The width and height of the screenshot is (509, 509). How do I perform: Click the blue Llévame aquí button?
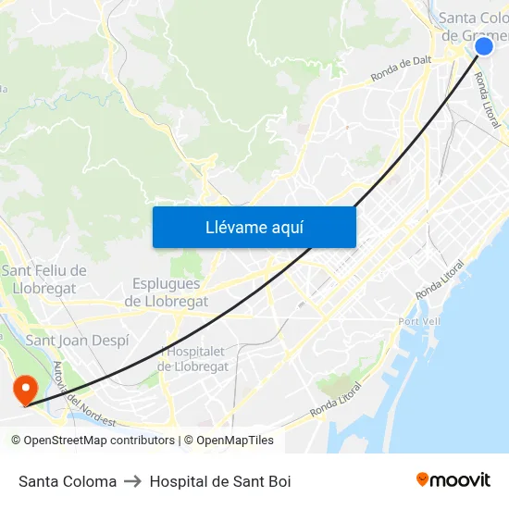[254, 227]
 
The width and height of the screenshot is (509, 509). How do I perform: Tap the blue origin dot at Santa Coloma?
[484, 46]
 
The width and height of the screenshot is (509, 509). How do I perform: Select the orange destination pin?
[25, 389]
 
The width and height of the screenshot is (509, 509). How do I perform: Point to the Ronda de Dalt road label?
[401, 75]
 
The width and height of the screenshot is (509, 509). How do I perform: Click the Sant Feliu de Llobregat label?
[43, 279]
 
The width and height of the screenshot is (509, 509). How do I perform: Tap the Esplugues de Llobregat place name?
[166, 292]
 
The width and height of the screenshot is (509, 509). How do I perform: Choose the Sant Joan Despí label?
[77, 340]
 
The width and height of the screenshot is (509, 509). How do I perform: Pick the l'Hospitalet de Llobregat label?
[193, 358]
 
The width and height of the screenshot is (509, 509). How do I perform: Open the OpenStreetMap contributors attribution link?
[98, 441]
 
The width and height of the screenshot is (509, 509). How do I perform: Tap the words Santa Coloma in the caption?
[68, 481]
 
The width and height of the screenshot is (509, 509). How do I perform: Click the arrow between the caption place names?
[132, 481]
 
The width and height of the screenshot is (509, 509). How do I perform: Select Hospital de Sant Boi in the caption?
[220, 481]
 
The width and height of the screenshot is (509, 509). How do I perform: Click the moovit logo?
[453, 480]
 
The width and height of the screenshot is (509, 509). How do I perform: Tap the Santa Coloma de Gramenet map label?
[472, 26]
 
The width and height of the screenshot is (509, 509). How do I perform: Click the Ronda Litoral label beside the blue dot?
[488, 99]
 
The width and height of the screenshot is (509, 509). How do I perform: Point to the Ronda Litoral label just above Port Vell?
[440, 279]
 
